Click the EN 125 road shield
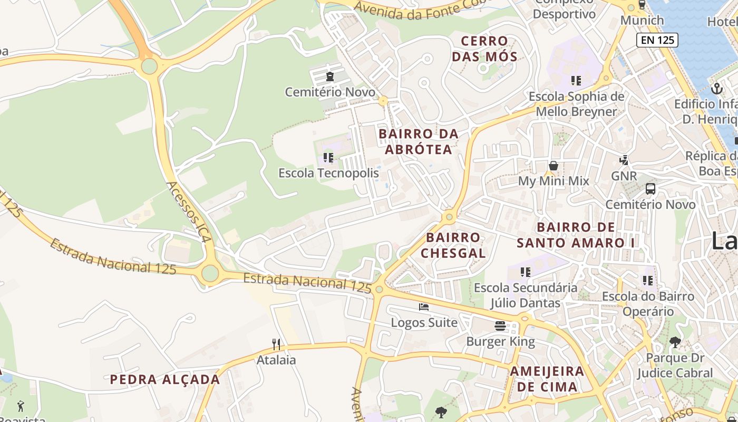click(x=657, y=40)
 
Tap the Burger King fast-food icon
click(x=500, y=326)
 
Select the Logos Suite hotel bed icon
click(x=424, y=307)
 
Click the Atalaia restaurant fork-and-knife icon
click(x=276, y=344)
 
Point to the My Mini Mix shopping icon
click(x=553, y=166)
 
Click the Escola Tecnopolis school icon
click(x=328, y=157)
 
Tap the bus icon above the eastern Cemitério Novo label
click(x=650, y=189)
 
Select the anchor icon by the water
click(x=716, y=89)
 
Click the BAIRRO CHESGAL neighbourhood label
click(x=453, y=245)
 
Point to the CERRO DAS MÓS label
click(x=484, y=49)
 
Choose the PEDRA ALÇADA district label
click(x=165, y=379)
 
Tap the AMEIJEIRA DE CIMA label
click(x=547, y=379)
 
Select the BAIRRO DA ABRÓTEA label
click(x=419, y=141)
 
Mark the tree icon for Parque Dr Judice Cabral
click(x=675, y=342)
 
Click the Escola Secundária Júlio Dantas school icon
click(x=525, y=272)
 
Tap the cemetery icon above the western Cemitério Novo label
click(x=330, y=77)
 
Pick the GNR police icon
click(x=624, y=160)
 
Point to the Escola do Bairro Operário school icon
click(x=648, y=281)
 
